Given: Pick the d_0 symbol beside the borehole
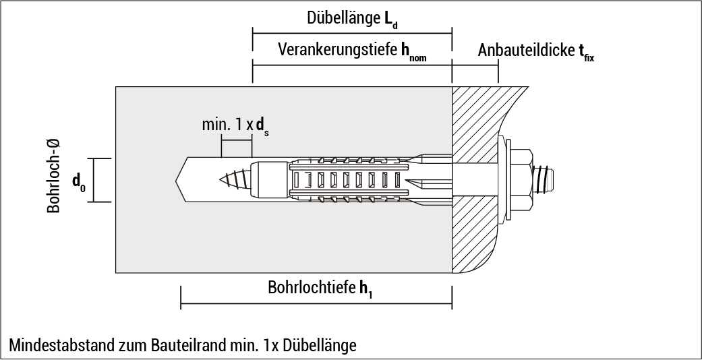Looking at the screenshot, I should point(79,181).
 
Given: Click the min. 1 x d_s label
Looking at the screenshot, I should point(235,126).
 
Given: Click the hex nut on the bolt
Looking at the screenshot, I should point(523,180).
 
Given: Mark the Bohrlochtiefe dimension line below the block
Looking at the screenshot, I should point(316,304).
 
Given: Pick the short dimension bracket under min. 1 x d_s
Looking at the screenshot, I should point(236,140).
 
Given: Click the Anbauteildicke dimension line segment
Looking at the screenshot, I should point(475,65).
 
